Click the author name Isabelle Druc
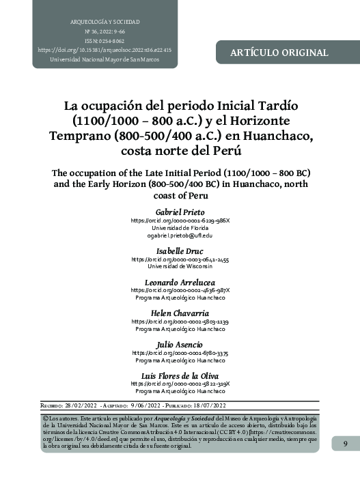click(x=180, y=252)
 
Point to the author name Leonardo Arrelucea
click(x=180, y=282)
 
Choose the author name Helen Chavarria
click(x=180, y=313)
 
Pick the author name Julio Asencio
click(x=180, y=344)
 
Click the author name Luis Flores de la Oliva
click(x=180, y=375)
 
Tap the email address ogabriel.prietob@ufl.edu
click(x=180, y=235)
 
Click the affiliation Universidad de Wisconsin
click(x=180, y=267)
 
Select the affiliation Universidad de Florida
click(x=180, y=228)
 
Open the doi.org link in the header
click(x=105, y=50)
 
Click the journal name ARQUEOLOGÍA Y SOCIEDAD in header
click(x=105, y=23)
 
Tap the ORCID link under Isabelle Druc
click(x=180, y=259)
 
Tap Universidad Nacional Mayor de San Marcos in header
click(x=105, y=59)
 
